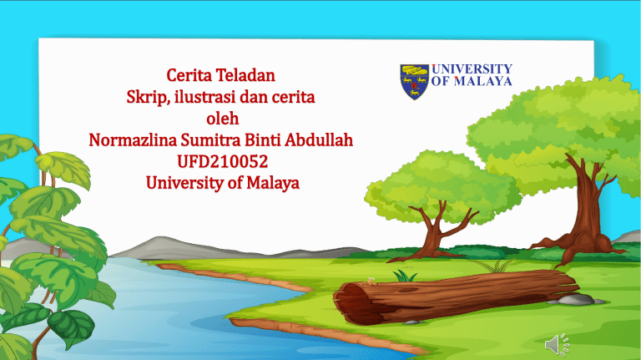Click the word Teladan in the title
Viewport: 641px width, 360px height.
click(x=245, y=75)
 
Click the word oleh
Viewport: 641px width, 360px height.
click(x=222, y=119)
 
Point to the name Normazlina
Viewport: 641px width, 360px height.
click(x=133, y=140)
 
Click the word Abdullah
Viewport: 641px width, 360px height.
click(x=319, y=140)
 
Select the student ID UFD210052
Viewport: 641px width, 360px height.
click(x=222, y=161)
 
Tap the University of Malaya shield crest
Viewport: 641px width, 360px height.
click(x=414, y=82)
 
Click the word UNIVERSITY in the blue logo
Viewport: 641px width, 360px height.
click(x=472, y=68)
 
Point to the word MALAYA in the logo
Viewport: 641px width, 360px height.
click(x=482, y=81)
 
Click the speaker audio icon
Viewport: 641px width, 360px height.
click(x=557, y=344)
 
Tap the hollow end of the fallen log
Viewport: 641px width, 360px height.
click(x=351, y=303)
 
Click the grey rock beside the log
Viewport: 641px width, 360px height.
click(x=576, y=300)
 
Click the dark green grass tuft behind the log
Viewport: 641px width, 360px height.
click(x=405, y=276)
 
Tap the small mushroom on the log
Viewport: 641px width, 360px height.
click(x=371, y=281)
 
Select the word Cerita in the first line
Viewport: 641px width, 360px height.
click(x=189, y=75)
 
